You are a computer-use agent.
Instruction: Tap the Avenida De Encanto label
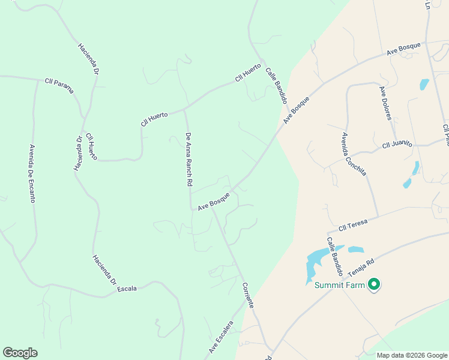pyautogui.click(x=32, y=173)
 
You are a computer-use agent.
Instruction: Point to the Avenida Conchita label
pyautogui.click(x=354, y=154)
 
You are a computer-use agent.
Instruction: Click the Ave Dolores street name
pyautogui.click(x=385, y=103)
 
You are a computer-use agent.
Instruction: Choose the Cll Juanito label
pyautogui.click(x=397, y=144)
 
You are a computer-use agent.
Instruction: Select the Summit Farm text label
pyautogui.click(x=340, y=285)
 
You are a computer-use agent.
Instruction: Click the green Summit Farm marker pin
pyautogui.click(x=375, y=284)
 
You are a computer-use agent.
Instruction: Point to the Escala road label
pyautogui.click(x=127, y=289)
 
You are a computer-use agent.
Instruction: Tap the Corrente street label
pyautogui.click(x=248, y=295)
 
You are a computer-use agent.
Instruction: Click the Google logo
pyautogui.click(x=20, y=353)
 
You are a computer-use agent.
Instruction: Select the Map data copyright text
pyautogui.click(x=411, y=355)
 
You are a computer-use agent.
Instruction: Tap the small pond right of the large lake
pyautogui.click(x=356, y=249)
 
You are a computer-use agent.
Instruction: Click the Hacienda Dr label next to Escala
pyautogui.click(x=104, y=270)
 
